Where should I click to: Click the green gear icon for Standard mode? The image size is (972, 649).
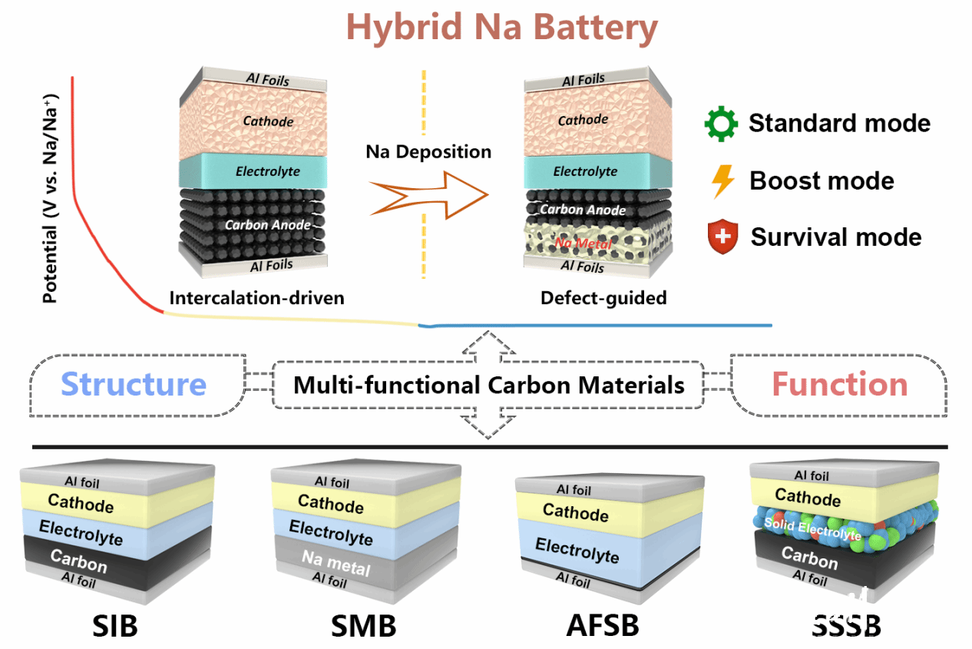[x=721, y=124]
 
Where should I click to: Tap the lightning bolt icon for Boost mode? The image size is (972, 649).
[x=722, y=181]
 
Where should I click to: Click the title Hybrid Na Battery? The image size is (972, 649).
[x=502, y=28]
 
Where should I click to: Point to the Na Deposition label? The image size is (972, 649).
[x=428, y=151]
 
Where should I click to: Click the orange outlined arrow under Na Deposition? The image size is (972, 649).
[x=427, y=195]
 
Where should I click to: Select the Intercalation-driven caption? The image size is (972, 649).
[x=256, y=297]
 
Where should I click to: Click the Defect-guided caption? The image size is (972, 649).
[x=603, y=298]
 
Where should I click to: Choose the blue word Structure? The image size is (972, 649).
[x=134, y=384]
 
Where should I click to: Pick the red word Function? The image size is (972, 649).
[x=839, y=384]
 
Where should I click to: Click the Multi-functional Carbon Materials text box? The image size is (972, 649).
[x=488, y=384]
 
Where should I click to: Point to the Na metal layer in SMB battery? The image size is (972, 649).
[x=336, y=562]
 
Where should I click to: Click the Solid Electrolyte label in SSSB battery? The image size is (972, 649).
[x=812, y=528]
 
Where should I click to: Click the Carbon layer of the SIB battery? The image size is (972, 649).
[x=78, y=561]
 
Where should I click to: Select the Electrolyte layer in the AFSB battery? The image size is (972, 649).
[x=577, y=550]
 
